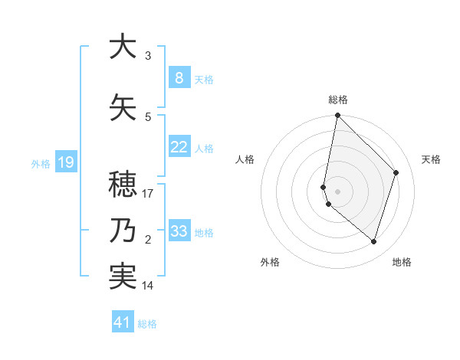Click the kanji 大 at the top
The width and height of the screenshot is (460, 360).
click(120, 47)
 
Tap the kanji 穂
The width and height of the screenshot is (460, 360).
click(120, 185)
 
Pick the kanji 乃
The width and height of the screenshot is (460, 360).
click(120, 231)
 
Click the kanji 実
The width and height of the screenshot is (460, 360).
click(120, 277)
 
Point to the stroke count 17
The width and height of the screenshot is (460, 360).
click(148, 194)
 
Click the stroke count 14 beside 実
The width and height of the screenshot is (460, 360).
click(148, 286)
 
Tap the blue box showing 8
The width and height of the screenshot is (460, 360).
click(179, 77)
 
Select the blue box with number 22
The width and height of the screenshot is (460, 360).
click(179, 147)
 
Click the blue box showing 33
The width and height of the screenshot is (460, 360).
click(179, 231)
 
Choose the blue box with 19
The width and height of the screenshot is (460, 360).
click(65, 162)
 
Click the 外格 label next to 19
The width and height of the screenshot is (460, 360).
click(41, 162)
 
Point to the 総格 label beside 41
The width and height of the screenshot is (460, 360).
click(147, 324)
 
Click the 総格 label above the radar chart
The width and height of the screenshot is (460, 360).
click(338, 100)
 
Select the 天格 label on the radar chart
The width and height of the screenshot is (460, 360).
click(431, 159)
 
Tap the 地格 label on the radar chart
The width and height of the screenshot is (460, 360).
click(402, 262)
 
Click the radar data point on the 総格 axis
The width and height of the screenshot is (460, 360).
click(337, 116)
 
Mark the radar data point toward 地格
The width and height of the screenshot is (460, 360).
click(373, 242)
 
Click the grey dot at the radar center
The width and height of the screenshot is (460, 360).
click(337, 191)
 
